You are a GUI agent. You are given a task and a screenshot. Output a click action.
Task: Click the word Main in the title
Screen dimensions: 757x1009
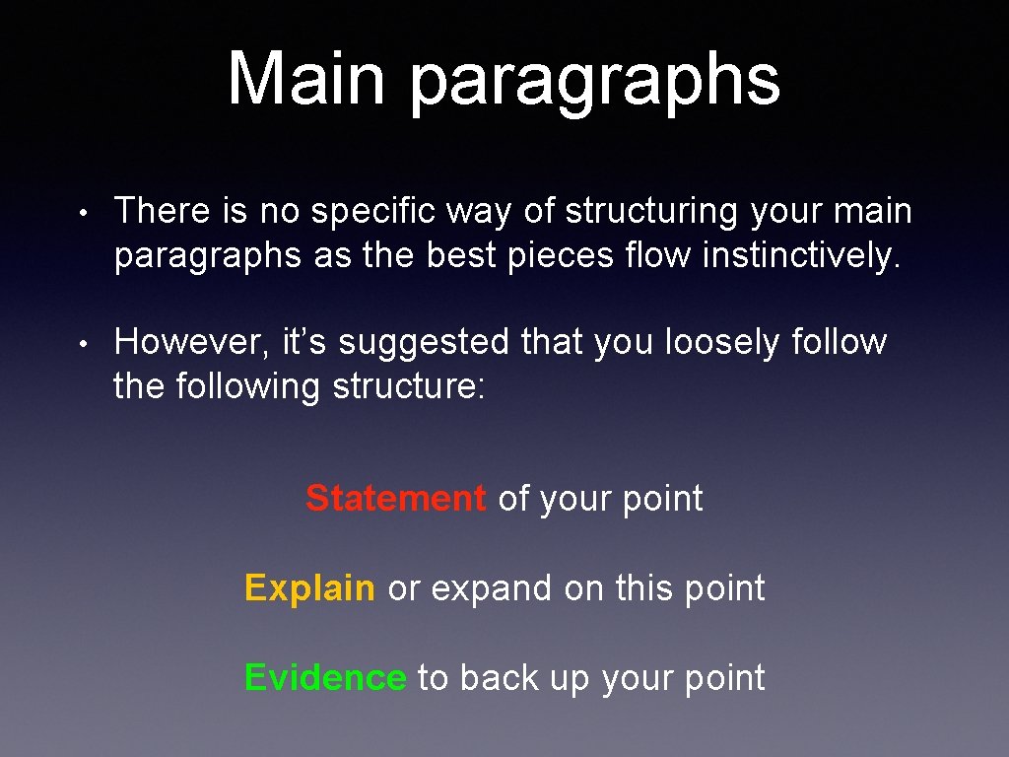pyautogui.click(x=306, y=79)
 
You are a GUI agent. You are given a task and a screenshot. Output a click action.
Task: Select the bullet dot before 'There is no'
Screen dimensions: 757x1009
pyautogui.click(x=87, y=213)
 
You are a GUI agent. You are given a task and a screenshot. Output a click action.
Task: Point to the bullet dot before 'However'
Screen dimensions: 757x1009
pyautogui.click(x=87, y=344)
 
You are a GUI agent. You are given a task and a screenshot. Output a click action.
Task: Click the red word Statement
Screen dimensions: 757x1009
pyautogui.click(x=395, y=499)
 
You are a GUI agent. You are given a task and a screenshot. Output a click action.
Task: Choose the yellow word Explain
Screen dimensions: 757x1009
pyautogui.click(x=309, y=589)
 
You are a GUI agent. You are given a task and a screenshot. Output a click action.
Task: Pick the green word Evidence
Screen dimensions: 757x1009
pyautogui.click(x=324, y=678)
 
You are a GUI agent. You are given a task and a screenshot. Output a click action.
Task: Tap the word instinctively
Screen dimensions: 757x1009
pyautogui.click(x=801, y=255)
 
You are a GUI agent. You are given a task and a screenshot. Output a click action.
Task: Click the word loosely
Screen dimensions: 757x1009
pyautogui.click(x=723, y=342)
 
